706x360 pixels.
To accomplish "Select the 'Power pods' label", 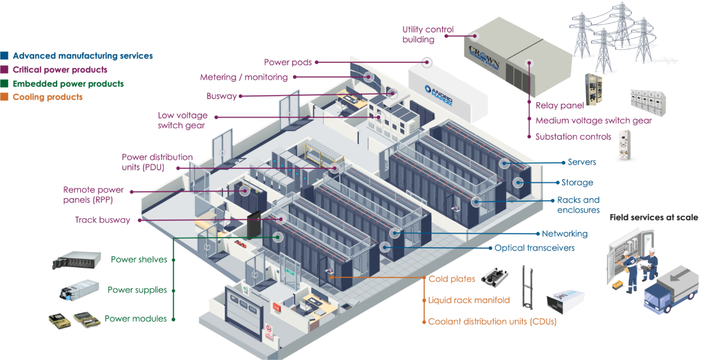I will pos(288,62).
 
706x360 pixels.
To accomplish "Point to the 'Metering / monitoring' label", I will pos(244,77).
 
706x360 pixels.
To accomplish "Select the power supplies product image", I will pos(78,290).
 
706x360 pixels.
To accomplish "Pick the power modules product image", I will pos(75,320).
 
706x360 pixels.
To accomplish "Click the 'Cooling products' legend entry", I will pos(47,97).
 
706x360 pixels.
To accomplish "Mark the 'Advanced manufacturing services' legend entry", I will pos(82,56).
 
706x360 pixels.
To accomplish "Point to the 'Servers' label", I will pos(582,162).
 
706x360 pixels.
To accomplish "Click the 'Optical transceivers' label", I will pos(534,248).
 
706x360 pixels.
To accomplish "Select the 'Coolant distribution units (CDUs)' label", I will pos(492,322).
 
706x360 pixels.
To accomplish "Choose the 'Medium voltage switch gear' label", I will pos(594,121).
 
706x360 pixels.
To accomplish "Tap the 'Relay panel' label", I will pos(560,106).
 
